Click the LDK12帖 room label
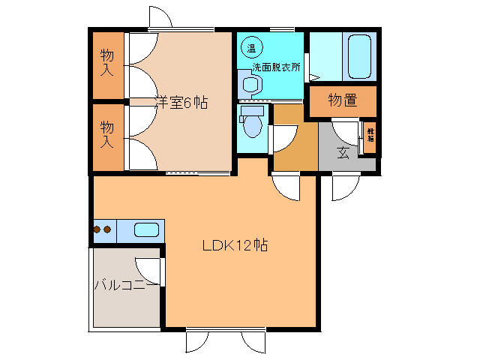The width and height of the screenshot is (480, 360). point(235,245)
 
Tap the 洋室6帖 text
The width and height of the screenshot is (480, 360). point(181,103)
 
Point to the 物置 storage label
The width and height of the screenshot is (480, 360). point(342,100)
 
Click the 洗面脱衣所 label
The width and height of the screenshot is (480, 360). point(276,66)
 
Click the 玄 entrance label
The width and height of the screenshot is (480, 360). point(343,154)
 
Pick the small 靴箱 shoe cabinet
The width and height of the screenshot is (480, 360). point(370,136)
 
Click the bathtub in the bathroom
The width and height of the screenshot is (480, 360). point(360,55)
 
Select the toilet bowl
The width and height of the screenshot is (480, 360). point(252,124)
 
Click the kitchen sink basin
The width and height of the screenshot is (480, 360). point(146,229)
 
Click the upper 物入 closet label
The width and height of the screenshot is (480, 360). point(107,63)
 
